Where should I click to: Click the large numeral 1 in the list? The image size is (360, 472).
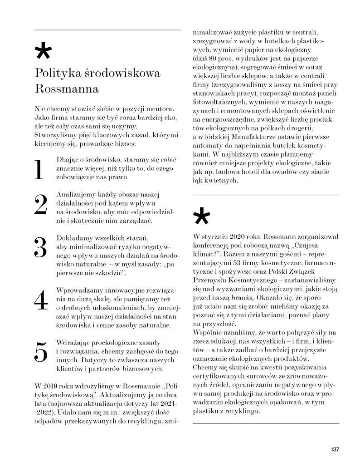click(x=39, y=170)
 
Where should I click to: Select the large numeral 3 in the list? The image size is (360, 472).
click(x=41, y=248)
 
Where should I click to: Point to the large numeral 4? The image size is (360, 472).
click(x=41, y=300)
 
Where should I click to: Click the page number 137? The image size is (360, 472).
click(x=335, y=450)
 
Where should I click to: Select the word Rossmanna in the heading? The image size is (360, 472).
click(x=67, y=88)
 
